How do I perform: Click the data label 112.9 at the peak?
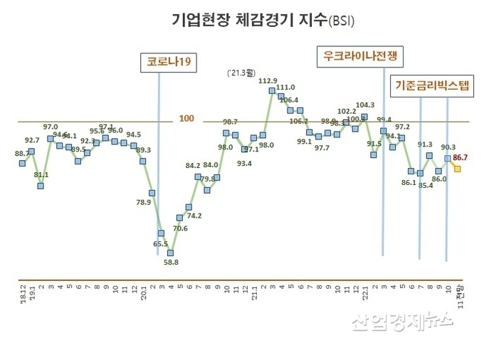click(267, 81)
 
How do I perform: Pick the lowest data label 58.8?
click(171, 262)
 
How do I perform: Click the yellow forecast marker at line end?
click(457, 169)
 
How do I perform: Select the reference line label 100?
click(186, 118)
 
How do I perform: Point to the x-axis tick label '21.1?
click(253, 292)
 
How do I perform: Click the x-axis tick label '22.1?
click(364, 292)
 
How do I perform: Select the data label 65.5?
click(160, 244)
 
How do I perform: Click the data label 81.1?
click(41, 174)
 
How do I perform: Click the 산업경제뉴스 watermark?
click(402, 322)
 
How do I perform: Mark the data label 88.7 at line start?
click(22, 153)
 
